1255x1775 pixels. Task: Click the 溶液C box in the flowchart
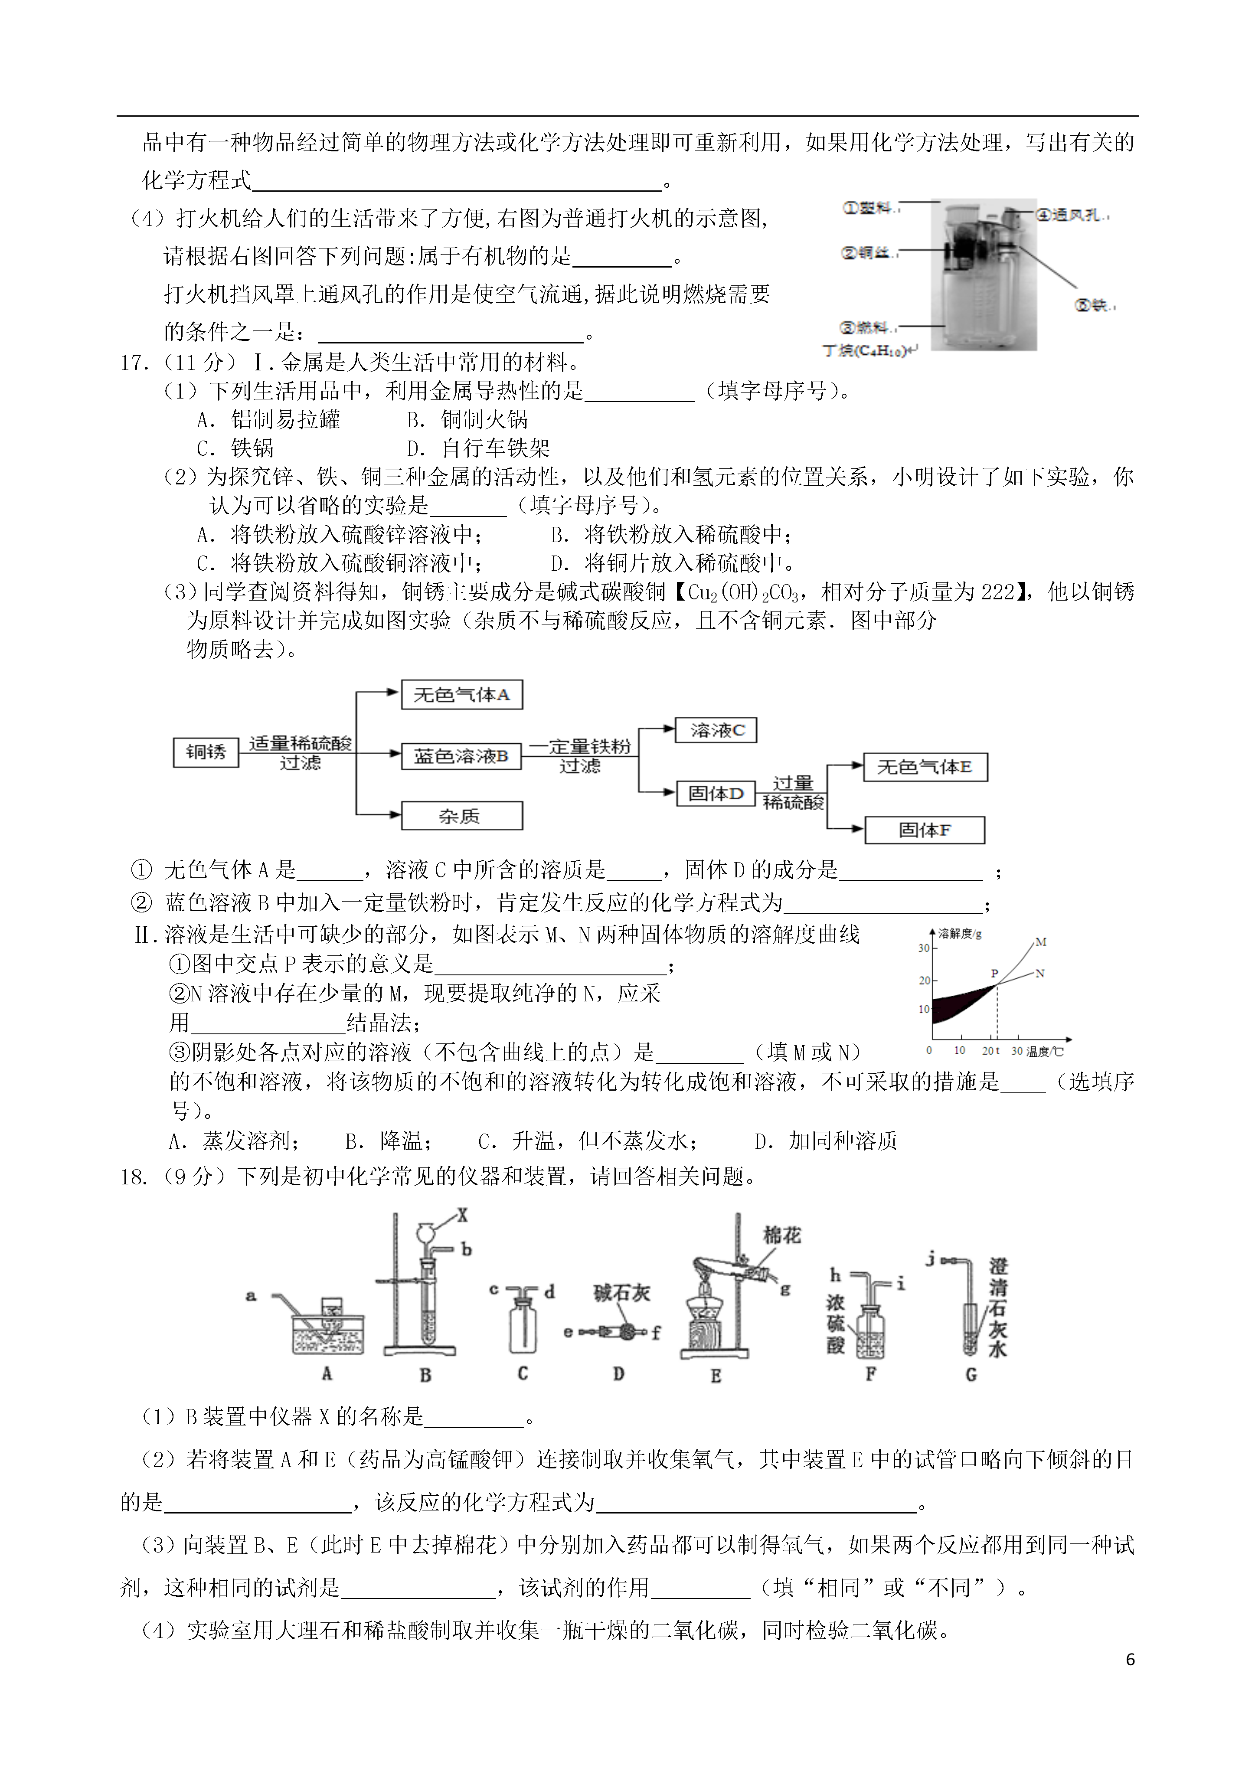point(716,730)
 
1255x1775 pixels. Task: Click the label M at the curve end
point(1041,941)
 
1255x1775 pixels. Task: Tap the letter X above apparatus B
point(462,1215)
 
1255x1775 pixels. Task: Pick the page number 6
point(1131,1660)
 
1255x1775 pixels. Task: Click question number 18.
point(133,1177)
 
